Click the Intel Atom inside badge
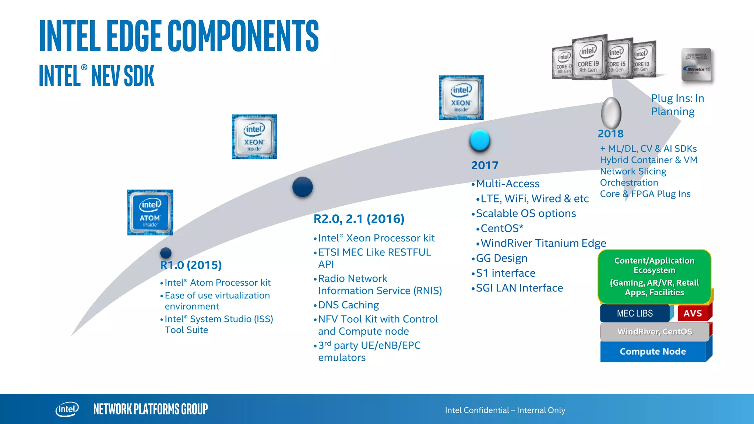150,212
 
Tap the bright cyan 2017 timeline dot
480,140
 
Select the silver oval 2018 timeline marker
611,113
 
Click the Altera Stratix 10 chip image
697,65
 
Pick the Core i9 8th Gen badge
588,58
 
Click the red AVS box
693,313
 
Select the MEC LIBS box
635,313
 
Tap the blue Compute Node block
653,351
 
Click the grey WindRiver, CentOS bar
655,332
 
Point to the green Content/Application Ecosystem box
654,276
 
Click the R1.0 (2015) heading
191,265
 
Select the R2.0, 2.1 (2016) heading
359,219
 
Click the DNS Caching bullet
348,305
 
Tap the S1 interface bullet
505,273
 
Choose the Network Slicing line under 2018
633,172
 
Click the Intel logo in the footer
67,409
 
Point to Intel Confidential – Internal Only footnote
505,410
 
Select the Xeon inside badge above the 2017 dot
461,98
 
